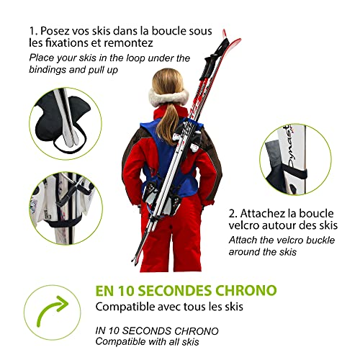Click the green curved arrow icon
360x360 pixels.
tap(49, 315)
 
